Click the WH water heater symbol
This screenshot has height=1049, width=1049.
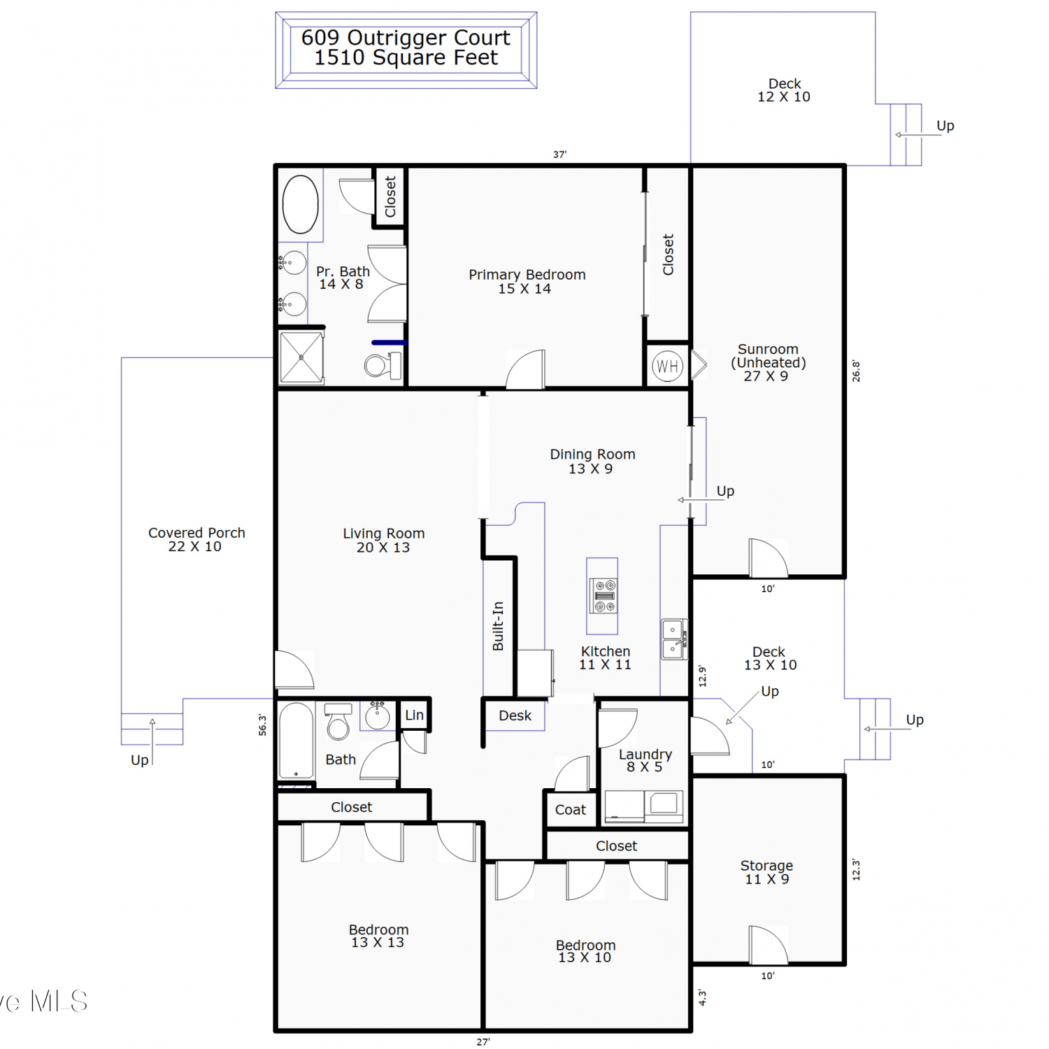(667, 366)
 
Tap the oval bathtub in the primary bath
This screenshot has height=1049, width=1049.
(301, 204)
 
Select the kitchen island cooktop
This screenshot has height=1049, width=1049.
(602, 595)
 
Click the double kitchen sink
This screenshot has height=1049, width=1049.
(675, 639)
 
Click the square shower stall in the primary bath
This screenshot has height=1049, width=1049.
(301, 357)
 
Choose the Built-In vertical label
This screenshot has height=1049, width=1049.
(498, 626)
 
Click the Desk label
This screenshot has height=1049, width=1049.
(515, 715)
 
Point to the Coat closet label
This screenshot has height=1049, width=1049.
(571, 810)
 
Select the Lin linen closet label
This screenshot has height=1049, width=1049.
(414, 715)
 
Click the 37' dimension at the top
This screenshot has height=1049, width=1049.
(559, 155)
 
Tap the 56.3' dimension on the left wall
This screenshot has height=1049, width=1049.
(262, 725)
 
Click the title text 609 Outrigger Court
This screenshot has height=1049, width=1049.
(406, 38)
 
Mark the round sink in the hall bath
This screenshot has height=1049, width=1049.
(378, 716)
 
